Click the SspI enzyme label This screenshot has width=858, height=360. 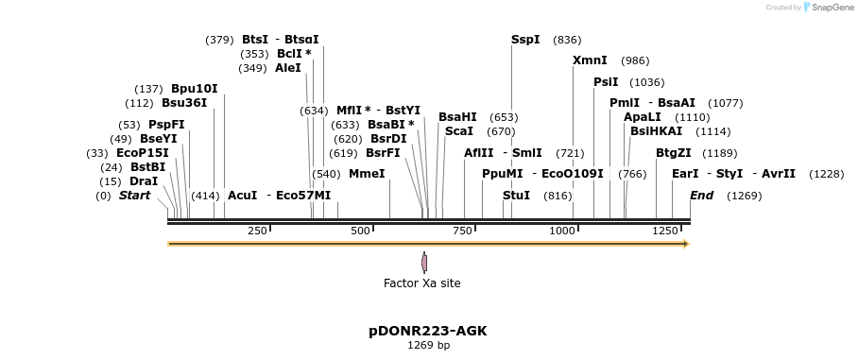pos(525,40)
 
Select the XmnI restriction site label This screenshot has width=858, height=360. pos(590,60)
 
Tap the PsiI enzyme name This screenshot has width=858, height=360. pos(606,82)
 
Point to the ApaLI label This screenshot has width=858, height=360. pos(642,117)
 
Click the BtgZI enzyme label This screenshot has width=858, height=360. pos(674,153)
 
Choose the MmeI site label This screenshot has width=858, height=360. pos(367,174)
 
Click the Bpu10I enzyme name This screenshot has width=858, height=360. pos(194,89)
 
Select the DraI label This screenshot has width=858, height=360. pos(144,181)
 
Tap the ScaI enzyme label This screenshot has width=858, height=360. pos(459,131)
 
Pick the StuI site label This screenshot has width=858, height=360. pos(516,196)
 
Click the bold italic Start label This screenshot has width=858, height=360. pos(134,196)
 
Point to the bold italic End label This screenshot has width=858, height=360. pos(702,196)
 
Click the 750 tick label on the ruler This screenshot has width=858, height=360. pos(462,231)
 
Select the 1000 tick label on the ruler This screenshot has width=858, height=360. pos(561,231)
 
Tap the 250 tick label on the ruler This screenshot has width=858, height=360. pos(257,231)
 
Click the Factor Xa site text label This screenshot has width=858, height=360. pos(422,283)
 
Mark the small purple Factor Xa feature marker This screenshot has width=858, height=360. pos(424,263)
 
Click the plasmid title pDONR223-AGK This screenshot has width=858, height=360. pos(428,332)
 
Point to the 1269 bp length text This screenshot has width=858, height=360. pos(428,346)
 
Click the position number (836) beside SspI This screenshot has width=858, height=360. pos(567,40)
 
